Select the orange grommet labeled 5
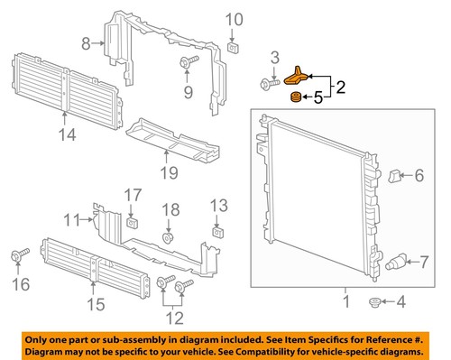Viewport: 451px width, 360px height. point(294,97)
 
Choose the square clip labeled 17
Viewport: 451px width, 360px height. point(132,220)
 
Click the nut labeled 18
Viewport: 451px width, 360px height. point(168,239)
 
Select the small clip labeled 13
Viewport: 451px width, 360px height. point(217,231)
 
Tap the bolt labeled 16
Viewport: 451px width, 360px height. point(17,258)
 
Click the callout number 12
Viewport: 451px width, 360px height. point(173,317)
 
